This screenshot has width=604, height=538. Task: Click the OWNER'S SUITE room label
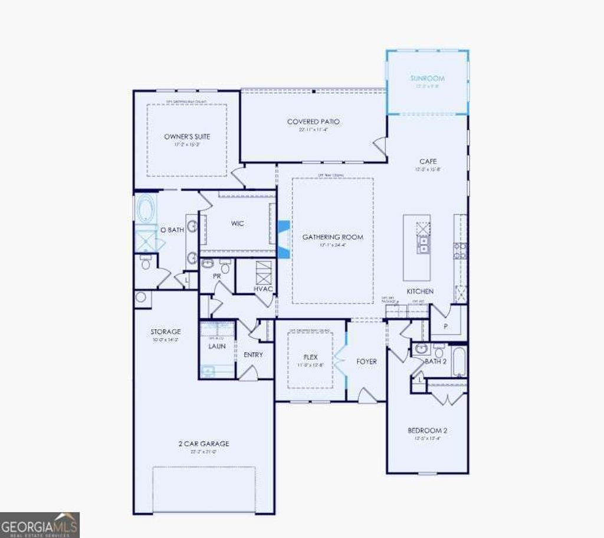(x=187, y=137)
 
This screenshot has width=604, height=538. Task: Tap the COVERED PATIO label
(x=313, y=122)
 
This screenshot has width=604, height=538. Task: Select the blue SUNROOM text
(x=428, y=78)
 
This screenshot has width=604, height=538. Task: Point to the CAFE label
(x=428, y=162)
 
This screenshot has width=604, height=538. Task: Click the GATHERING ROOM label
(x=333, y=237)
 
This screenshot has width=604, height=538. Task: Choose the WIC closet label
(x=238, y=224)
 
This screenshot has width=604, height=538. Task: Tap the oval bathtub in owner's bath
(x=146, y=209)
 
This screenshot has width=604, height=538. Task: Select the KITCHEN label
(x=420, y=291)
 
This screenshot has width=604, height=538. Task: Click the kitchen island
(x=416, y=247)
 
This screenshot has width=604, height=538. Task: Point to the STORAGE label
(x=165, y=332)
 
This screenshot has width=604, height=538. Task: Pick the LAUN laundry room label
(x=216, y=346)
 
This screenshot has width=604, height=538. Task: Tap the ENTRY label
(x=253, y=355)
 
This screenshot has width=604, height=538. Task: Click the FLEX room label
(x=310, y=357)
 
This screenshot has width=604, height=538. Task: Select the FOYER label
(x=366, y=361)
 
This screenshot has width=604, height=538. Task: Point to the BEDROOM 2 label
(x=428, y=431)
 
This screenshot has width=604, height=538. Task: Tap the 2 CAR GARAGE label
(x=203, y=444)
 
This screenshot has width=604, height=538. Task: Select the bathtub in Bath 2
(x=459, y=361)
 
